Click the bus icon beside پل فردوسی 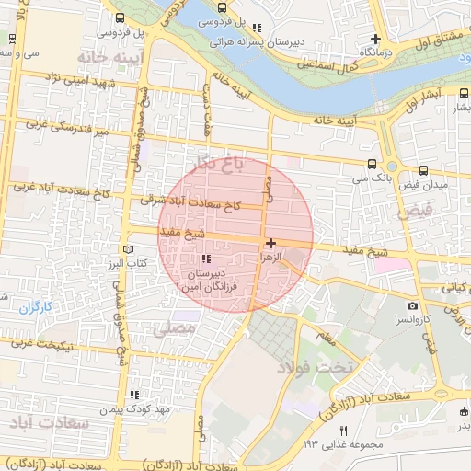pyautogui.click(x=121, y=18)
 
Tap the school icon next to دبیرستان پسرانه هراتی pyautogui.click(x=256, y=28)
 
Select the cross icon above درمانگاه pyautogui.click(x=375, y=39)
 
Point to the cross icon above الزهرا pyautogui.click(x=270, y=243)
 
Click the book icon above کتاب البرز pyautogui.click(x=128, y=249)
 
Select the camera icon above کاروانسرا pyautogui.click(x=411, y=305)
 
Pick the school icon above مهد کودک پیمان pyautogui.click(x=134, y=394)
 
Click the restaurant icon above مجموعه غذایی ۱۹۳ pyautogui.click(x=344, y=430)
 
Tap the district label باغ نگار pyautogui.click(x=216, y=163)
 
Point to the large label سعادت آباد pyautogui.click(x=48, y=424)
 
